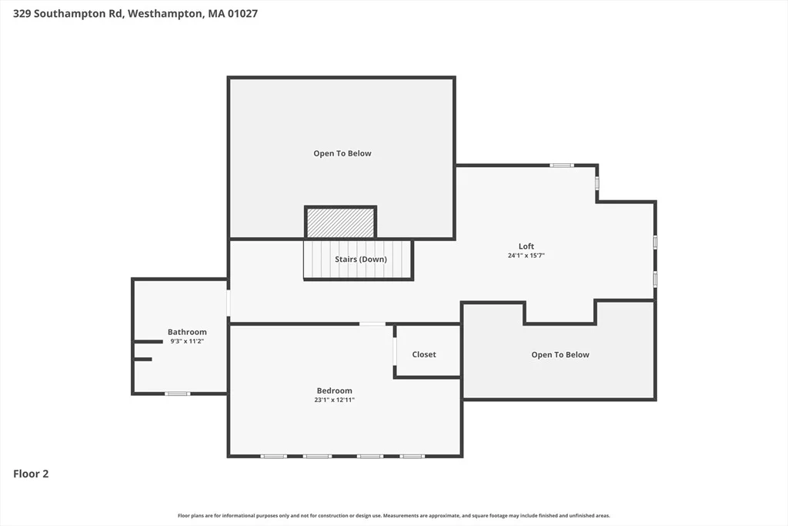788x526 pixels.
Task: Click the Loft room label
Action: tap(526, 246)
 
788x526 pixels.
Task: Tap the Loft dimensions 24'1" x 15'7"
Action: tap(526, 256)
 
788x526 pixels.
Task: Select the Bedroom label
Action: tap(334, 390)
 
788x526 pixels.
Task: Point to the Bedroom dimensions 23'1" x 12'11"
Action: tap(334, 400)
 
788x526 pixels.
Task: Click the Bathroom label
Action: tap(187, 332)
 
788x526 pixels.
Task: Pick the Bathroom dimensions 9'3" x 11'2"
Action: tap(187, 341)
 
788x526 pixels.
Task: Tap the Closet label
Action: tap(424, 354)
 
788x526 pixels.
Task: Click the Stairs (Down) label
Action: tap(361, 260)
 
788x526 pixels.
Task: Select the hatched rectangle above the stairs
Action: tap(341, 223)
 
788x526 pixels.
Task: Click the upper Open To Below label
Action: tap(342, 153)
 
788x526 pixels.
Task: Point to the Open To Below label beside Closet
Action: tap(560, 354)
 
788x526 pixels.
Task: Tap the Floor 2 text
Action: tap(31, 474)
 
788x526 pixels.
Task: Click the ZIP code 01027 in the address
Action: tap(242, 14)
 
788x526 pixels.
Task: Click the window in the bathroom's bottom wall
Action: tap(178, 394)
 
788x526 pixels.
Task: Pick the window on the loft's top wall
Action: tap(561, 166)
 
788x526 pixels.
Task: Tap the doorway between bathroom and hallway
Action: tap(229, 303)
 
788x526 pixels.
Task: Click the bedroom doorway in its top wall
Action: tap(372, 324)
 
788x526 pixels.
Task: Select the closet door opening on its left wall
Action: tap(395, 351)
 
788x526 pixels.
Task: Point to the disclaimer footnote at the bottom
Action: tap(394, 515)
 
